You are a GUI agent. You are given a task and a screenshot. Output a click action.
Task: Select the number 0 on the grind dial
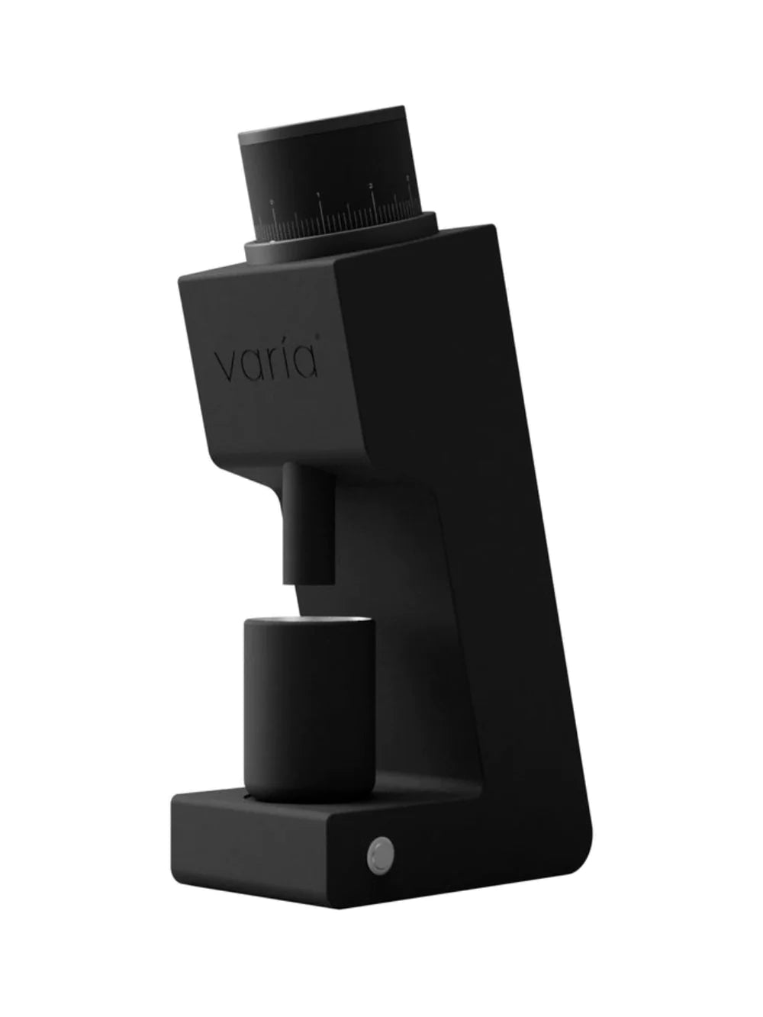point(270,203)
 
